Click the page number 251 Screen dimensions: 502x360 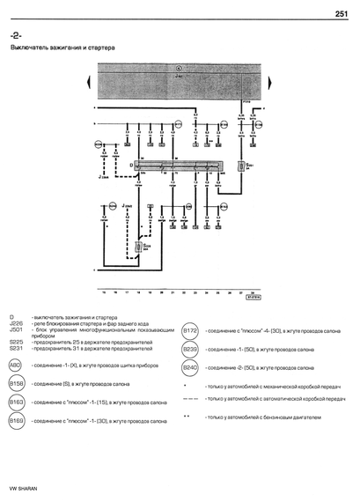(343, 12)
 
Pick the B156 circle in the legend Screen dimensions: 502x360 (16, 384)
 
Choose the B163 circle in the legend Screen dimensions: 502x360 (16, 402)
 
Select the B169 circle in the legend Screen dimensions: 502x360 (16, 421)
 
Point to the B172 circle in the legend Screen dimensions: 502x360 (190, 330)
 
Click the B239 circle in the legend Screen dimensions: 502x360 (190, 349)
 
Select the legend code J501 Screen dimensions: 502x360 (15, 329)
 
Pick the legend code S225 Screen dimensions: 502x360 (16, 341)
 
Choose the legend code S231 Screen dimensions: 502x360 (16, 348)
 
